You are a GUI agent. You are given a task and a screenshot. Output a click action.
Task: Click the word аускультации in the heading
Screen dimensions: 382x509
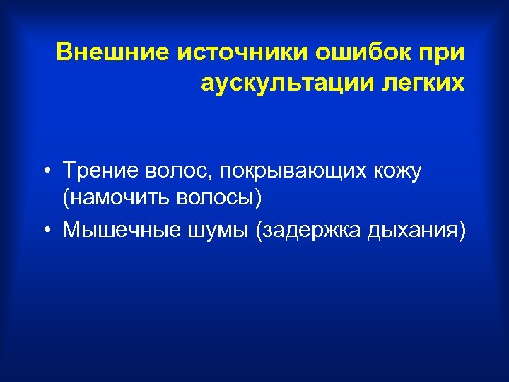[287, 83]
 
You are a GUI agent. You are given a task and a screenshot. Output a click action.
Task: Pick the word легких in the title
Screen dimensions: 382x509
[424, 83]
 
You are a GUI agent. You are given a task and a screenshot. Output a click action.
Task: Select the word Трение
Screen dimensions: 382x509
[100, 170]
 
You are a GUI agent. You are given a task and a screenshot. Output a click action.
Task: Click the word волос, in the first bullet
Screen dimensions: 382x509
[173, 170]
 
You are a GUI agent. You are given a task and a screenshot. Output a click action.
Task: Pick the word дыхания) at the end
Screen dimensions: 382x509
[417, 229]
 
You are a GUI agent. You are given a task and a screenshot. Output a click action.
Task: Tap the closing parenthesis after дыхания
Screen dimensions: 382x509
[463, 229]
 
